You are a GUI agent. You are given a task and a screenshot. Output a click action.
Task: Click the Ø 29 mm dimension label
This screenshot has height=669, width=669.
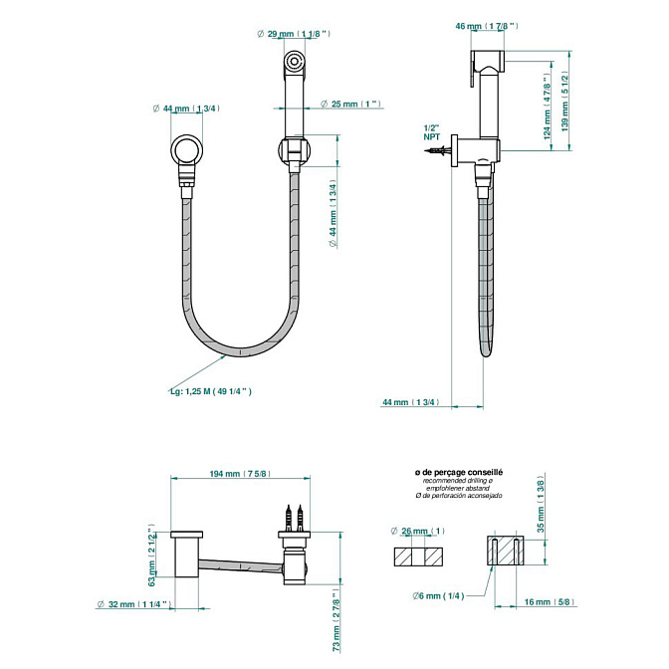294,34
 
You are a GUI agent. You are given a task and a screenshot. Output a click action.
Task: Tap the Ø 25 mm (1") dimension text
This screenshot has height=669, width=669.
350,104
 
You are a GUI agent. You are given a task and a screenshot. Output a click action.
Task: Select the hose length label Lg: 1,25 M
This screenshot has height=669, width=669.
211,391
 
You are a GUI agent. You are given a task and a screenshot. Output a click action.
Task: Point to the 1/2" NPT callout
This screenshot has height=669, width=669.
431,132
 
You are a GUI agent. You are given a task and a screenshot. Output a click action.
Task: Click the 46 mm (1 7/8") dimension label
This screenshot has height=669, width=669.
487,26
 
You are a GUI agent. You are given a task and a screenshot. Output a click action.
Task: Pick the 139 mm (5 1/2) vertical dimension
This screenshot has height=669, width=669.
564,102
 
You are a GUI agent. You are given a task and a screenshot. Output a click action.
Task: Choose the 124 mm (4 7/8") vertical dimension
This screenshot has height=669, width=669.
547,107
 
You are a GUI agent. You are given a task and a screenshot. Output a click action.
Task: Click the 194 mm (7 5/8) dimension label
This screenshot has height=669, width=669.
240,474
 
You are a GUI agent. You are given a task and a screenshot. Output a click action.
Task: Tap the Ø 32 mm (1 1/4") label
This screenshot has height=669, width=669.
134,604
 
